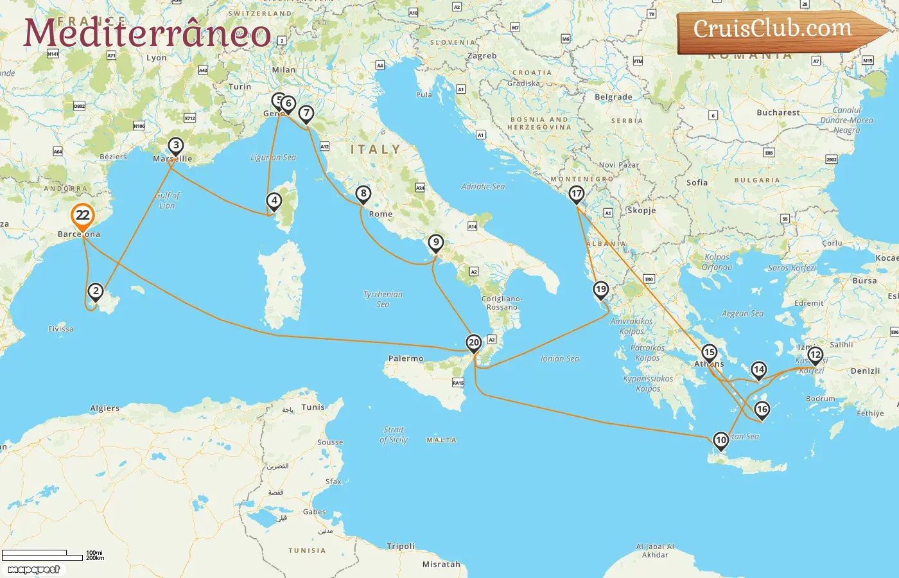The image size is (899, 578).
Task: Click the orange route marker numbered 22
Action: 82,216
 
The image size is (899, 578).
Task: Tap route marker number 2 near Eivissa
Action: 96,292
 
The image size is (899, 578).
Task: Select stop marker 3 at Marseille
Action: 175,146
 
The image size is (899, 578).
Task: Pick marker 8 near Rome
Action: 363,193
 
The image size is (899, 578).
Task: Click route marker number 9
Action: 436,243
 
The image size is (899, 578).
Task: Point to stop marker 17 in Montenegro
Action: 577,194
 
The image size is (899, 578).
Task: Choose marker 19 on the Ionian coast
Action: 600,290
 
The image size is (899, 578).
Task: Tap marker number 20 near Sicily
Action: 474,343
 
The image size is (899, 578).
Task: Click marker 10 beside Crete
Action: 720,441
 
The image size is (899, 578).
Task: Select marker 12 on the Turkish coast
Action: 815,355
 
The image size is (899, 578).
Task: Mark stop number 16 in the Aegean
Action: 762,409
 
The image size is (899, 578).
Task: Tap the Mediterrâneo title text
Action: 147,33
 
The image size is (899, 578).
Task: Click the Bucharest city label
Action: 778,112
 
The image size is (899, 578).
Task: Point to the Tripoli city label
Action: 401,547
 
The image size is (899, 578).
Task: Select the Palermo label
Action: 406,358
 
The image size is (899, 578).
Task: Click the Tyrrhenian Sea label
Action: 383,299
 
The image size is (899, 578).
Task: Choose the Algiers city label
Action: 105,408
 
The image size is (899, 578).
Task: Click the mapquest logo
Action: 34,570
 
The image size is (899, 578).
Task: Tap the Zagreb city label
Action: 482,56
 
